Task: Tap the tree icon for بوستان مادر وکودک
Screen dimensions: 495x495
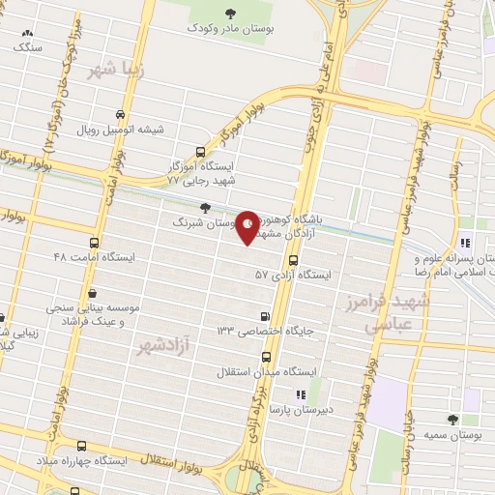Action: (x=229, y=13)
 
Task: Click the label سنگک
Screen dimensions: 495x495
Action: (x=28, y=45)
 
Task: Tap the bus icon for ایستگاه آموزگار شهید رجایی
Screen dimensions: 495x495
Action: (x=200, y=152)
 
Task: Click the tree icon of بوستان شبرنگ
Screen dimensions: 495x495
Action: (x=203, y=207)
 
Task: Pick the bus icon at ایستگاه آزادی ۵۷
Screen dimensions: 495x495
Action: (x=294, y=260)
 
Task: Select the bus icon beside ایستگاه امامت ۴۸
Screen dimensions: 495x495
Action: (x=94, y=243)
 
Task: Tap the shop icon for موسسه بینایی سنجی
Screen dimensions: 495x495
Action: (x=91, y=293)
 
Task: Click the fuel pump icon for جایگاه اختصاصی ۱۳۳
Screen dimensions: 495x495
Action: (x=266, y=315)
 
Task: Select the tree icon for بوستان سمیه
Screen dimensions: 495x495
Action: (x=451, y=420)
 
